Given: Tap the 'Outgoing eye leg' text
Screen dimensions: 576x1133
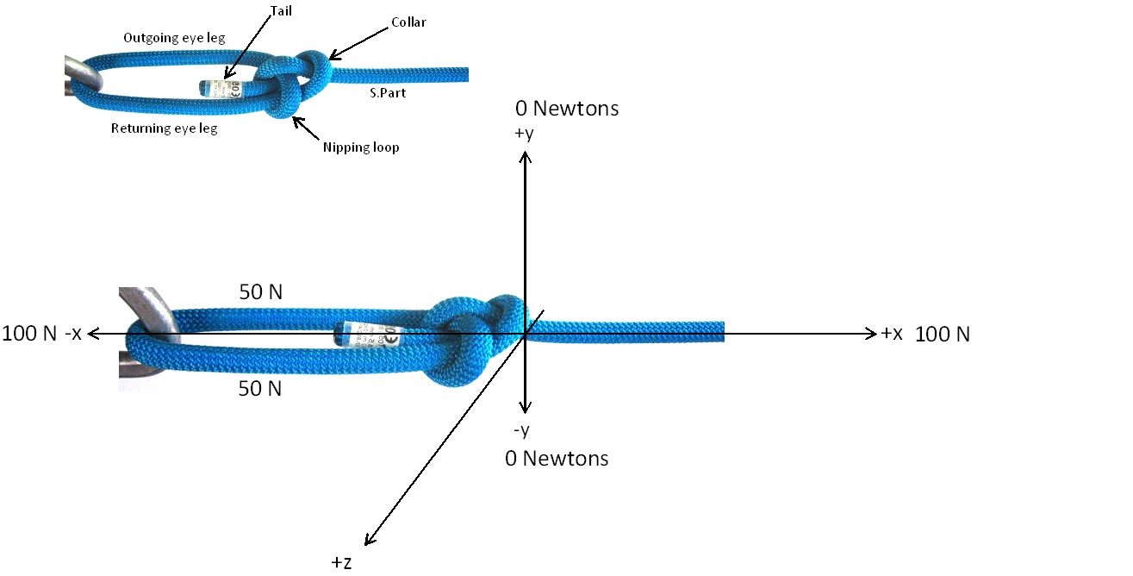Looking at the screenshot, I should pos(174,39).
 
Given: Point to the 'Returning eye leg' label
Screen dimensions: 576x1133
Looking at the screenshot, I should pos(165,128).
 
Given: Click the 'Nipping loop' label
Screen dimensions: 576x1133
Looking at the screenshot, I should pos(361,147).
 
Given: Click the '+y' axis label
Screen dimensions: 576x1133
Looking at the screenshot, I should pos(525,134).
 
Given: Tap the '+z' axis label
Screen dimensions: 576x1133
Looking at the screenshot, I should pos(341,562).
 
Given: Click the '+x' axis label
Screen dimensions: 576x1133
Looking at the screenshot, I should pos(891,334).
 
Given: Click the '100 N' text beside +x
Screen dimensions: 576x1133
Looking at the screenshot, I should pos(943,335).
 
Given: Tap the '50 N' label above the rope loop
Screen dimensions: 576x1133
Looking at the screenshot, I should pos(260,293).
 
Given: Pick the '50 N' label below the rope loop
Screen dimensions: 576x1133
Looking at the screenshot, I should pos(260,389).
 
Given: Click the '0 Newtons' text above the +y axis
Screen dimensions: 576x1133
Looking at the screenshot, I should pos(567,109).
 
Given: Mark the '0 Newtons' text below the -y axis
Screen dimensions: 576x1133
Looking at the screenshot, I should pos(557,459).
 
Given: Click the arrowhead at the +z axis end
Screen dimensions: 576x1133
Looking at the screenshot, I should pos(369,540).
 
